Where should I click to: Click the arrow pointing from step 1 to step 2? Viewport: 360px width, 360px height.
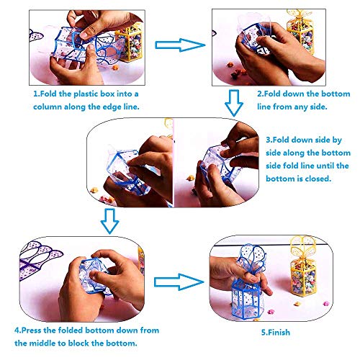[x=180, y=45]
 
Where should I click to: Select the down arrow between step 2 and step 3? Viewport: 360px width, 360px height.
[x=234, y=103]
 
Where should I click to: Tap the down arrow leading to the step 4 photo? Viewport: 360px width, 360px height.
[x=109, y=221]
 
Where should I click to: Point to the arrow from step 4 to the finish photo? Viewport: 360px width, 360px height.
[x=179, y=282]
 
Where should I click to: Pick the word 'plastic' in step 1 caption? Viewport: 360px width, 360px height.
[x=86, y=94]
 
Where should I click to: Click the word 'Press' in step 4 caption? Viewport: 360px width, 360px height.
[x=32, y=330]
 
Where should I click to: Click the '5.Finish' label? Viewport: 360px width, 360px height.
[x=276, y=333]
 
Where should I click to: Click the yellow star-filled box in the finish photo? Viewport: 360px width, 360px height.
[x=303, y=266]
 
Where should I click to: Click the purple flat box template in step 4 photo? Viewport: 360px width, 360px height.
[x=38, y=259]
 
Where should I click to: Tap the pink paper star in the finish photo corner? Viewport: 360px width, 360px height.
[x=325, y=304]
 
